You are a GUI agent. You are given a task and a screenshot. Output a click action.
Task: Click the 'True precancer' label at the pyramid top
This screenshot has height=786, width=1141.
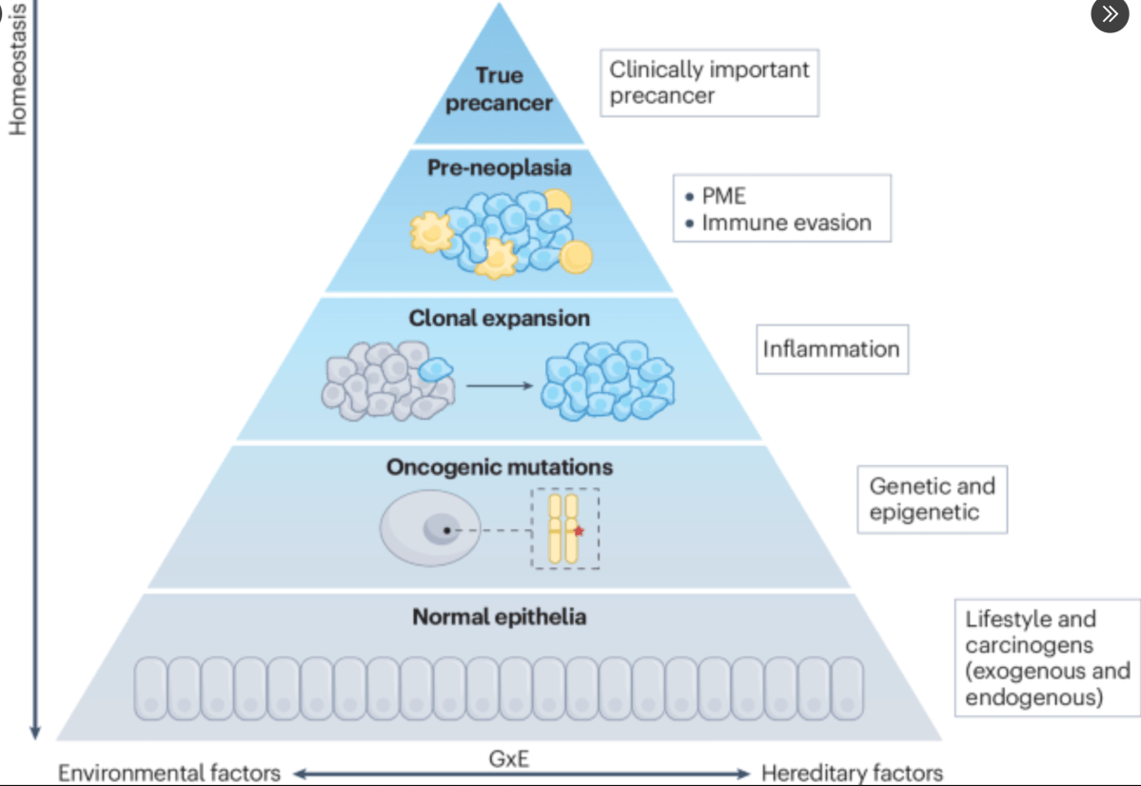coord(499,89)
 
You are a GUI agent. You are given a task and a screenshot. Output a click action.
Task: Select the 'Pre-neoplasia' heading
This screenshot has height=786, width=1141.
coord(499,168)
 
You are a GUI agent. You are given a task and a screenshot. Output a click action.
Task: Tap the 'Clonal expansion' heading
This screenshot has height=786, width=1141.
coord(499,318)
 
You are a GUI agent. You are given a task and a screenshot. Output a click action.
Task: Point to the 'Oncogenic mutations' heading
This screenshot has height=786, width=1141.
coord(499,467)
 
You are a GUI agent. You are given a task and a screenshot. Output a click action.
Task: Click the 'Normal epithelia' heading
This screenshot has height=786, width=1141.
coord(499,617)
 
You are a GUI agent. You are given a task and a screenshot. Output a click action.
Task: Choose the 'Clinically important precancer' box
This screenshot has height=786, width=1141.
coord(709,83)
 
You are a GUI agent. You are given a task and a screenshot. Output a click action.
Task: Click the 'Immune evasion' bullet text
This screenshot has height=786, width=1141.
coord(786,223)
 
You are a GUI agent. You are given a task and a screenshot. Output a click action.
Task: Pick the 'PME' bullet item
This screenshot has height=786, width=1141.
coord(723,197)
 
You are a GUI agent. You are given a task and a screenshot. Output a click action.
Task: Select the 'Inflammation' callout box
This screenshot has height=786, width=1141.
coord(831,348)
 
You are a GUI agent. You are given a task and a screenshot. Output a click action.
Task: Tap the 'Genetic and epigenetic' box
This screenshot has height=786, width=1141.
coord(932,499)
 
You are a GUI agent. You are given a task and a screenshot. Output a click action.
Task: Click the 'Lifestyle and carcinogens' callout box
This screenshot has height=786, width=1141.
coord(1047,658)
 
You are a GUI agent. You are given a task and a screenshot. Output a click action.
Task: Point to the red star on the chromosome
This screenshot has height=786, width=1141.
coord(579,530)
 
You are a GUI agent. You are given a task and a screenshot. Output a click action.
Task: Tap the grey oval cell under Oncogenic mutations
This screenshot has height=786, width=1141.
coord(423,529)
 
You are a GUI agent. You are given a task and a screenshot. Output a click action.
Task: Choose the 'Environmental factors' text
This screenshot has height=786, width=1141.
coord(169,773)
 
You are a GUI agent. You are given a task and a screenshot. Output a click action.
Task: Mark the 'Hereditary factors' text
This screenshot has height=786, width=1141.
coord(852,773)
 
